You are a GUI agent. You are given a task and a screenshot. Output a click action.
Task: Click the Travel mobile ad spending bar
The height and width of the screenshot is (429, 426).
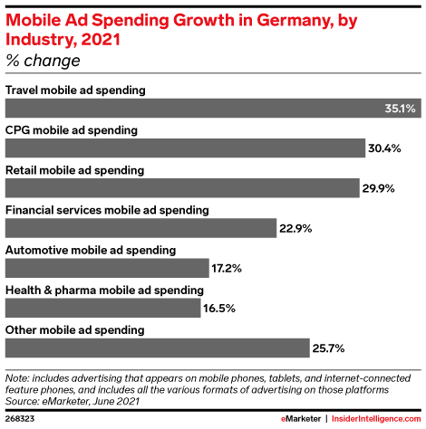(x=213, y=108)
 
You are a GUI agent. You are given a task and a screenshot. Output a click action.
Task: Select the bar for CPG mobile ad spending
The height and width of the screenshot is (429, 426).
(x=185, y=148)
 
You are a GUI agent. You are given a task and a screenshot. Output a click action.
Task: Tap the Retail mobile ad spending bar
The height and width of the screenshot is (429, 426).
(x=182, y=188)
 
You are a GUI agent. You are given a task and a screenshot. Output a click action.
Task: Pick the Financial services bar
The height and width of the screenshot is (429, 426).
(x=140, y=228)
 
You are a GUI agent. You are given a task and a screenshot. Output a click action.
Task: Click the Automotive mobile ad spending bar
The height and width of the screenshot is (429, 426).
(x=107, y=268)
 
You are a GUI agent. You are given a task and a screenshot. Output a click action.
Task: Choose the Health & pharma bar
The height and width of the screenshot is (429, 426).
(x=103, y=308)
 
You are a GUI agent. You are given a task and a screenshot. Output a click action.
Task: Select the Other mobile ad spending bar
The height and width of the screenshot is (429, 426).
(x=158, y=348)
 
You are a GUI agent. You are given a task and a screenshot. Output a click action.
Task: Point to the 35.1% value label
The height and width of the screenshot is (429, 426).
(x=400, y=109)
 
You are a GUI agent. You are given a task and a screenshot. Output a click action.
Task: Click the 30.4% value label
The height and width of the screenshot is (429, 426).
(x=384, y=148)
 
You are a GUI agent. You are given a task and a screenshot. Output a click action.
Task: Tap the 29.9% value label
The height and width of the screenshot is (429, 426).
(x=379, y=188)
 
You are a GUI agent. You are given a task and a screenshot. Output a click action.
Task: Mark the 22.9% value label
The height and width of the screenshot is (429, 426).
(x=295, y=228)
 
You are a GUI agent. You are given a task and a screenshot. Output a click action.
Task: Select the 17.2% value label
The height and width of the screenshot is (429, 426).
(x=227, y=268)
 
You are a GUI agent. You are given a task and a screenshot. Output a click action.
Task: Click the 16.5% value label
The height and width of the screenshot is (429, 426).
(x=219, y=309)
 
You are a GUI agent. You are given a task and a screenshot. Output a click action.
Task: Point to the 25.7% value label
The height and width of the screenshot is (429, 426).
(x=328, y=348)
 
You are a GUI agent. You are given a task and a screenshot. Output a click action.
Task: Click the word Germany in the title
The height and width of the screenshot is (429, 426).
(x=295, y=21)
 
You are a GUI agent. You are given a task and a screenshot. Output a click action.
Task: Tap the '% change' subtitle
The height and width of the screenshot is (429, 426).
(x=43, y=61)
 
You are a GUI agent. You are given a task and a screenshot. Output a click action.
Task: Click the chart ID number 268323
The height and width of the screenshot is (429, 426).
(x=20, y=419)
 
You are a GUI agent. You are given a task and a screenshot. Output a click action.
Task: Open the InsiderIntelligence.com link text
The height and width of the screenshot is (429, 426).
(x=376, y=419)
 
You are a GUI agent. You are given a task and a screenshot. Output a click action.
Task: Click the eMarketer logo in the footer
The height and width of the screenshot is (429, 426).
(x=301, y=419)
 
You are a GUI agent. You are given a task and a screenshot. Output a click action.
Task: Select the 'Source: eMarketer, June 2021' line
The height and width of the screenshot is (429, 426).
(x=73, y=401)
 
